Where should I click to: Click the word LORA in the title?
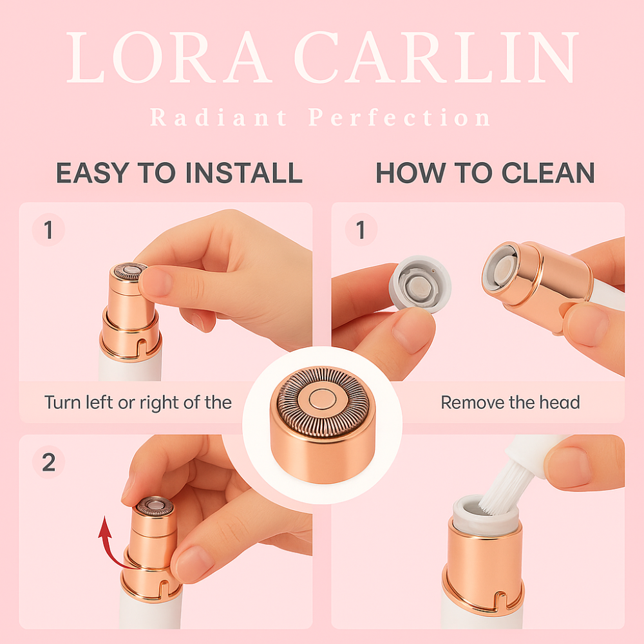pos(168,57)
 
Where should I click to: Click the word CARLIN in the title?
pos(436,57)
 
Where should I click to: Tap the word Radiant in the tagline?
pos(218,117)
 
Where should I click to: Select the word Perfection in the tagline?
pos(399,117)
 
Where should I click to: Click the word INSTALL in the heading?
pos(244,173)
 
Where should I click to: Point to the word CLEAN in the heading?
pos(548,173)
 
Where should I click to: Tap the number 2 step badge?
pos(48,462)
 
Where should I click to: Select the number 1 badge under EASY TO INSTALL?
pos(48,230)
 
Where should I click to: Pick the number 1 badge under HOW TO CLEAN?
pos(361,230)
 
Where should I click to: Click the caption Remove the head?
pos(510,402)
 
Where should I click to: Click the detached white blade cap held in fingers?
pos(420,283)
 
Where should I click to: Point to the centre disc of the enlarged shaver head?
pos(323,399)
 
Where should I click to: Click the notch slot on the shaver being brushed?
pos(500,600)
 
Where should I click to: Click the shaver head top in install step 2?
pos(155,506)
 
